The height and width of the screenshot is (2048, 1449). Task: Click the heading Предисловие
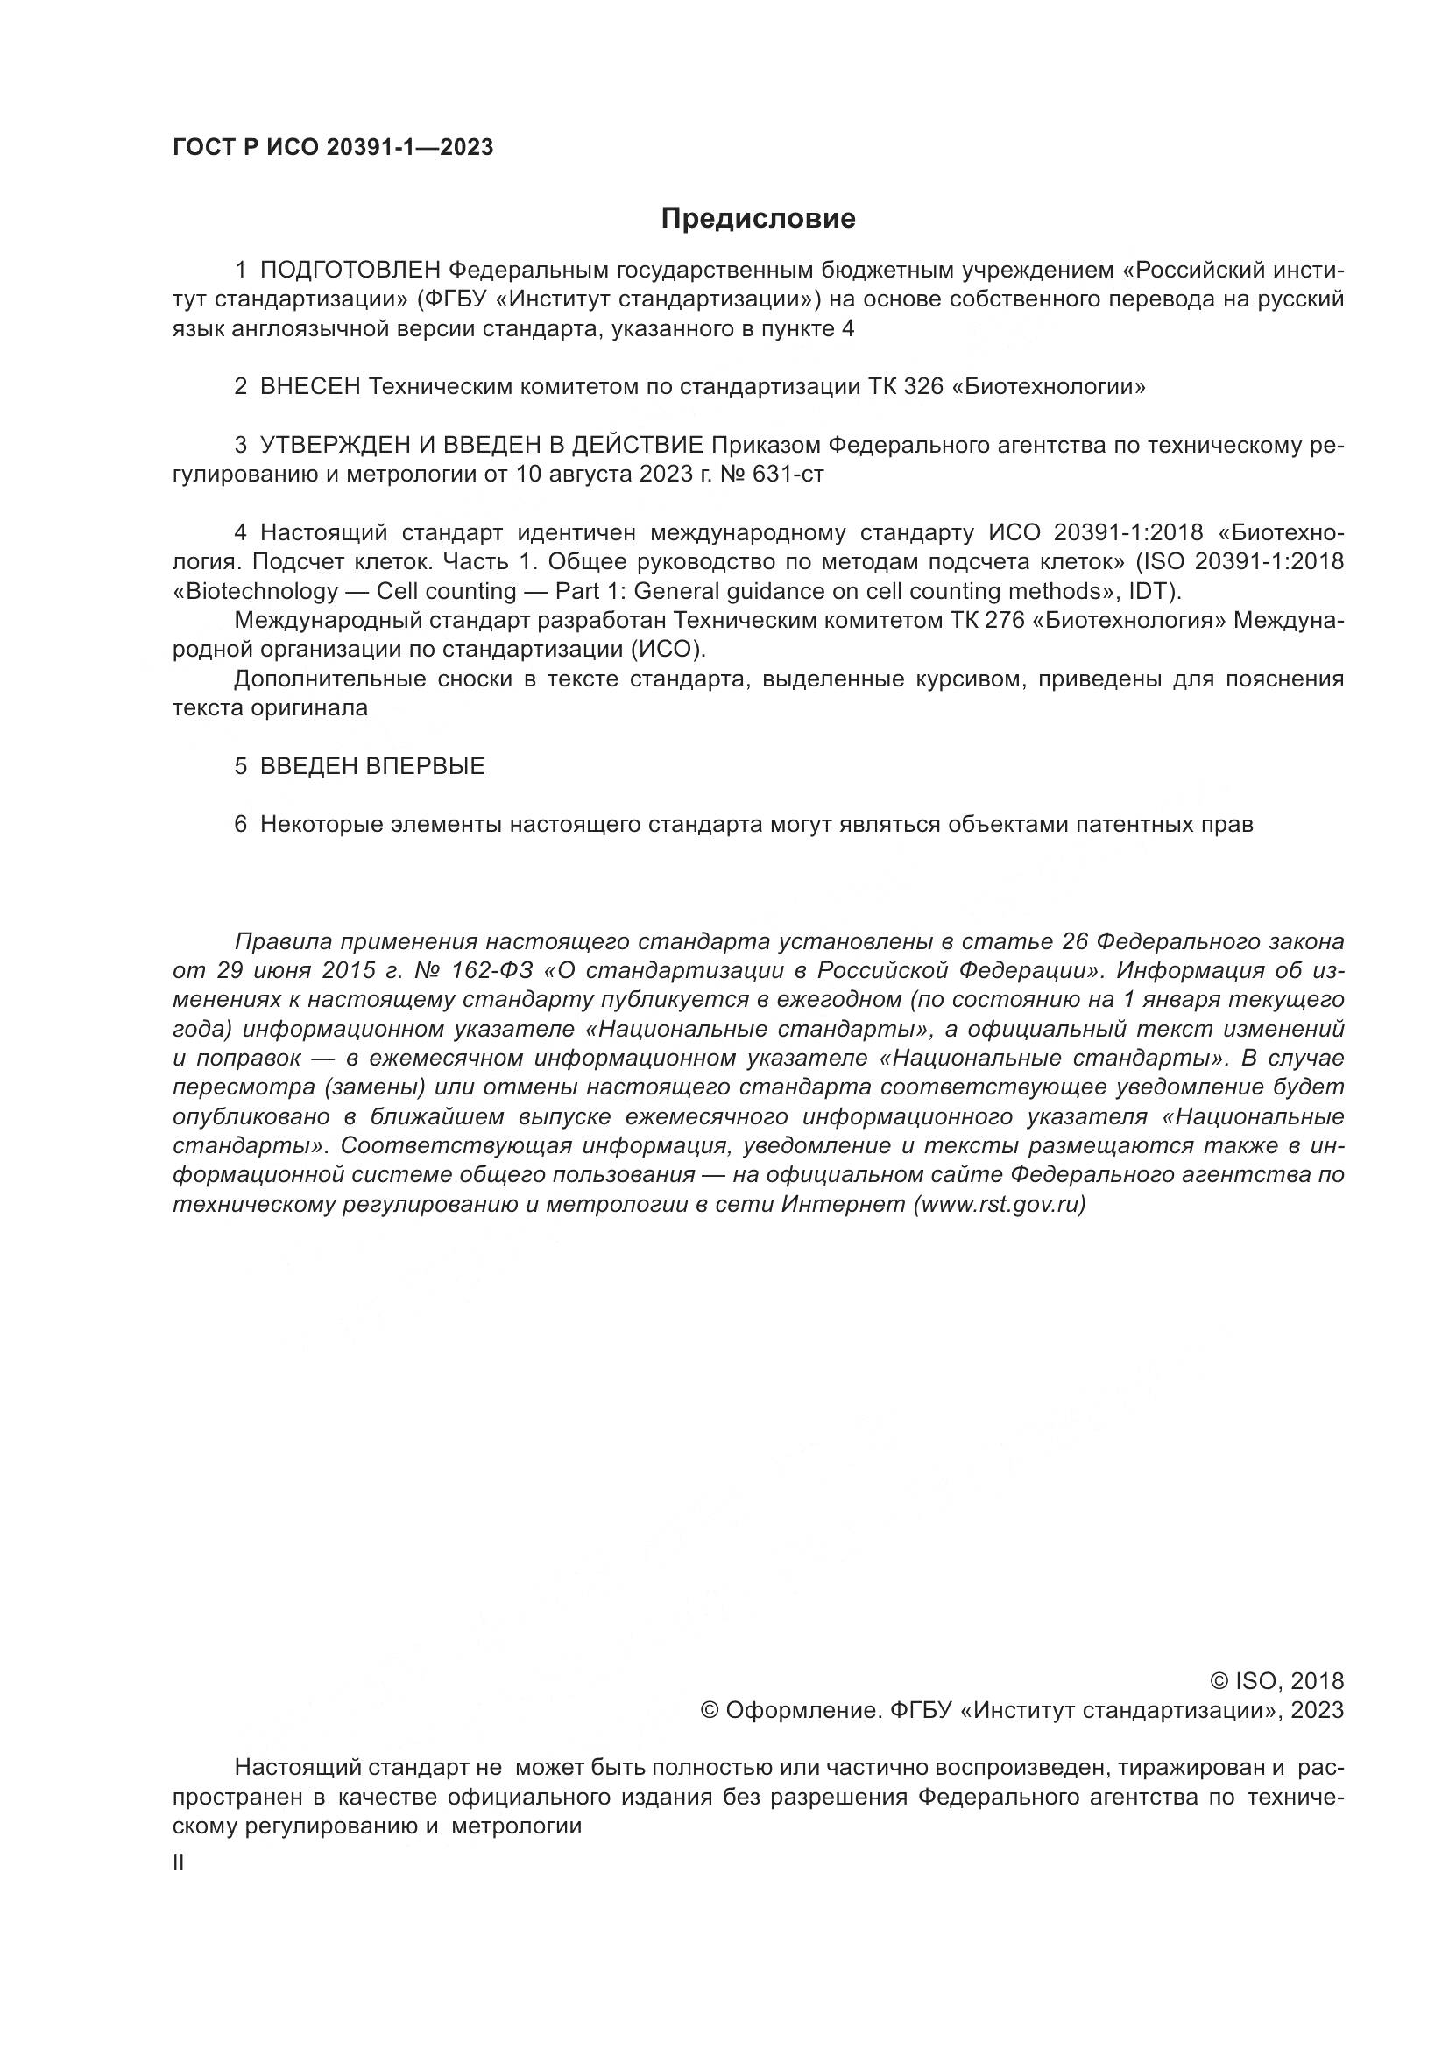click(x=758, y=219)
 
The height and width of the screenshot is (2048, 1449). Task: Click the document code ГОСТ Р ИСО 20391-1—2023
click(x=333, y=147)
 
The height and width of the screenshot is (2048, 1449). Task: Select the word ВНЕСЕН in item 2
click(x=309, y=387)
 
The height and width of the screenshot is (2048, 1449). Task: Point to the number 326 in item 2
click(x=922, y=387)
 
